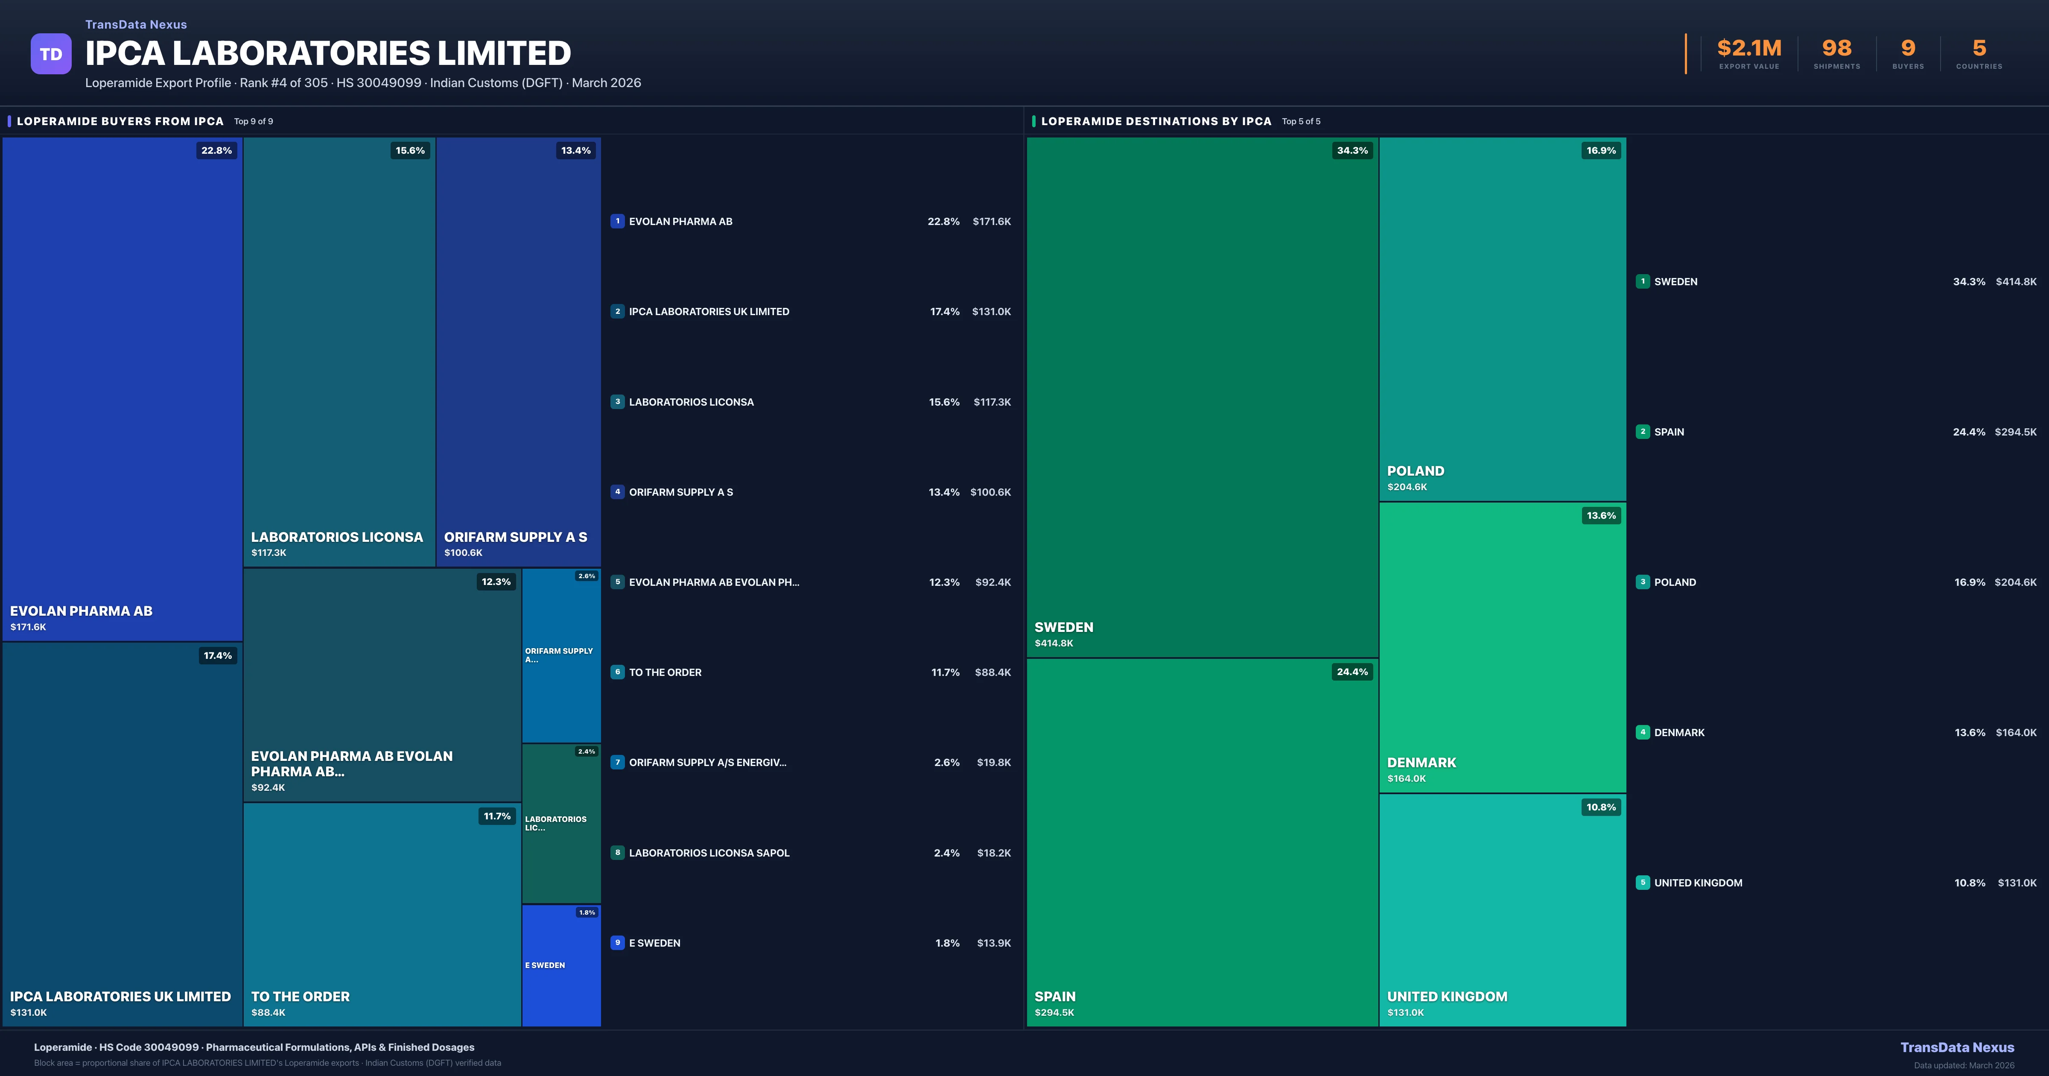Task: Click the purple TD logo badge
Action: coord(51,54)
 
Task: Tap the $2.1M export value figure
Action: coord(1749,49)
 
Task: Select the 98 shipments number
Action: coord(1836,49)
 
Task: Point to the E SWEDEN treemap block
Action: coord(561,965)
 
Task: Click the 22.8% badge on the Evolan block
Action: coord(216,150)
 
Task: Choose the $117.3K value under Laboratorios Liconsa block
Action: coord(269,553)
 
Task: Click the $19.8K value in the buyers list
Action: coord(993,763)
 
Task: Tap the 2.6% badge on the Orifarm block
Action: coord(586,576)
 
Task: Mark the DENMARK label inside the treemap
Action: coord(1421,763)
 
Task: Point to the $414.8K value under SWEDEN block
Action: coord(1054,643)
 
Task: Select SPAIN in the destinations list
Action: coord(1669,432)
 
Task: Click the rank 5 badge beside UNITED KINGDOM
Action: coord(1643,883)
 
